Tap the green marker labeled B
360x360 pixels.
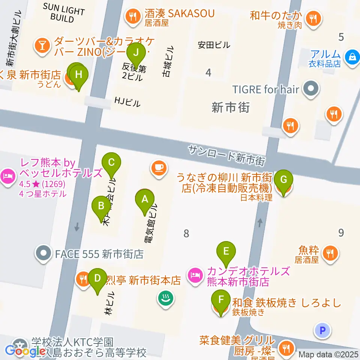[x=101, y=206]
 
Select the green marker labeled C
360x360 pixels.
[x=111, y=163]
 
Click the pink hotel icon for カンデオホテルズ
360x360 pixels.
[x=195, y=276]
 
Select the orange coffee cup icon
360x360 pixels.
[x=158, y=166]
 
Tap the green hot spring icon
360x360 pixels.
[x=165, y=298]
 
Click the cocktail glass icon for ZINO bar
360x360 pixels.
[x=42, y=45]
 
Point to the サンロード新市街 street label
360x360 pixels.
[x=227, y=156]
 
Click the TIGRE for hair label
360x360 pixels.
[x=265, y=89]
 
